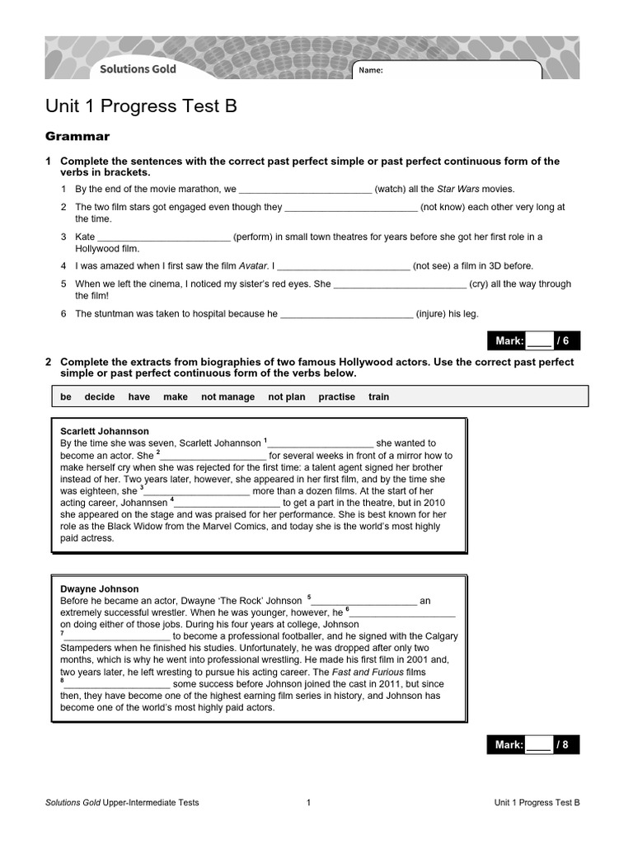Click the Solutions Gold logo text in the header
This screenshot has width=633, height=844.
coord(138,69)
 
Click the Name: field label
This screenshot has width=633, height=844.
coord(371,71)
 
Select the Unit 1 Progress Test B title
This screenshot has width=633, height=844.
coord(141,106)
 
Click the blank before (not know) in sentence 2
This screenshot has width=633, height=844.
coord(351,208)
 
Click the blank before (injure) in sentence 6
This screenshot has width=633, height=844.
coord(346,313)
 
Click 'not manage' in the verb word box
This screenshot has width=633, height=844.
coord(227,396)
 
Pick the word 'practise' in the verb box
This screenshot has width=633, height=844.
coord(336,396)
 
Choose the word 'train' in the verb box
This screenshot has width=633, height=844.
coord(378,396)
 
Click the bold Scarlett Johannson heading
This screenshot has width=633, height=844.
coord(105,431)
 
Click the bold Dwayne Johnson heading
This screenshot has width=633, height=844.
coord(100,589)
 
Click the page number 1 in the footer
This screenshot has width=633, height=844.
coord(308,802)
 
